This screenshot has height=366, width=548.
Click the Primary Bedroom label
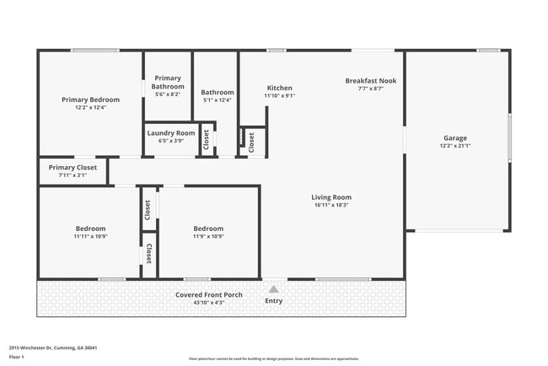click(90, 100)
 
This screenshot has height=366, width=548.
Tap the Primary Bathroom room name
click(168, 82)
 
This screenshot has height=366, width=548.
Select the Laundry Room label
click(171, 133)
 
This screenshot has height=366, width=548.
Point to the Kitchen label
click(279, 88)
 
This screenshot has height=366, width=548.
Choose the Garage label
click(455, 138)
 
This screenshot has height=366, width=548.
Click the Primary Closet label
click(73, 168)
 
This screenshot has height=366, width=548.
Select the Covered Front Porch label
click(209, 294)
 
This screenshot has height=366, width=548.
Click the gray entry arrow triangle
click(274, 289)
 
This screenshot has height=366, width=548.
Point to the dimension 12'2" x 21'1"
click(455, 146)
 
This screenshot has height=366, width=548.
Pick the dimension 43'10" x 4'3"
click(209, 302)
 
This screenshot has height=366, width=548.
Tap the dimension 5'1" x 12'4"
click(218, 100)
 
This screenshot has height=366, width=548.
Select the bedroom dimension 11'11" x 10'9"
click(90, 236)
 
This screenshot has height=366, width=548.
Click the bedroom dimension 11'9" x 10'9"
click(208, 236)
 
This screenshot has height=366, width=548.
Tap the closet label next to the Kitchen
click(251, 143)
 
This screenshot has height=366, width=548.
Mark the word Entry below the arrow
click(274, 301)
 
